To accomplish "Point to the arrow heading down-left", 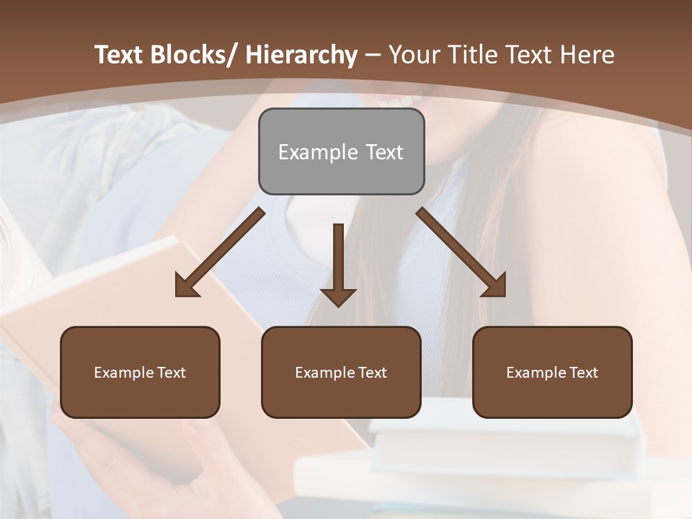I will [x=220, y=252].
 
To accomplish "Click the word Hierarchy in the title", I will [x=301, y=55].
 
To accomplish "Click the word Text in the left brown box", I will [x=171, y=373].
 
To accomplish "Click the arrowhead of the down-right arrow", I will [x=495, y=286].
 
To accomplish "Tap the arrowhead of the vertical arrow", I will [x=338, y=297].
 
